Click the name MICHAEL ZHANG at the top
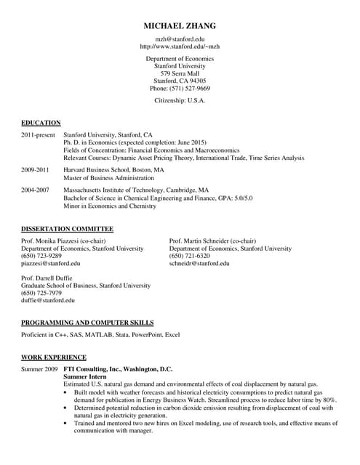(x=180, y=26)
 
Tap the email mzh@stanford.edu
(x=180, y=39)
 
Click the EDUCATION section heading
(x=41, y=123)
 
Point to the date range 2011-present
(x=38, y=135)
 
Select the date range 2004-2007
(x=35, y=190)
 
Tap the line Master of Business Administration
(x=108, y=178)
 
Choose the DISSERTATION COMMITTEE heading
(x=67, y=229)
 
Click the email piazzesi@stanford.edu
(x=51, y=264)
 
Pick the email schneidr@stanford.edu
(x=199, y=264)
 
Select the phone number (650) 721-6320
(x=189, y=256)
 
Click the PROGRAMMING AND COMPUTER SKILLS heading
(x=87, y=322)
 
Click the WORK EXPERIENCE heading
(x=54, y=357)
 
